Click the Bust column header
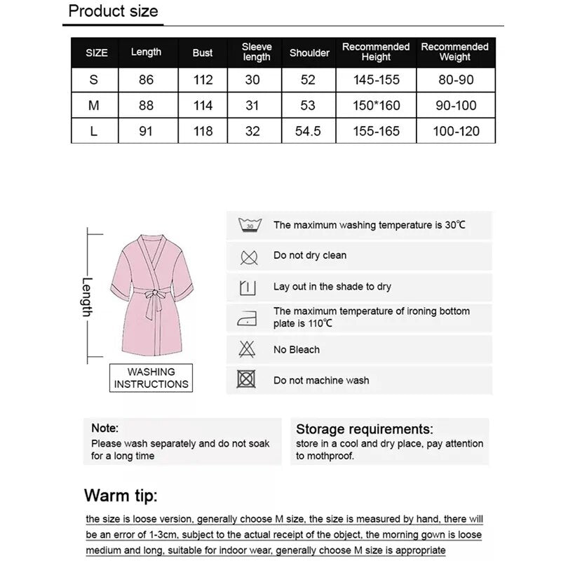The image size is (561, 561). click(203, 53)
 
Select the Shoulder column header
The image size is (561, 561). click(309, 53)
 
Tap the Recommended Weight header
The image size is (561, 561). click(454, 52)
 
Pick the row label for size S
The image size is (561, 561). click(94, 80)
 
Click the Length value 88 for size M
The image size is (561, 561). click(146, 106)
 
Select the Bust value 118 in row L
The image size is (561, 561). click(203, 131)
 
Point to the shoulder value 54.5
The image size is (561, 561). click(309, 131)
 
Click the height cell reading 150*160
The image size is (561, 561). click(376, 106)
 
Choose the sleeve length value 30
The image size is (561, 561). click(252, 80)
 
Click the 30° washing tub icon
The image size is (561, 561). click(249, 225)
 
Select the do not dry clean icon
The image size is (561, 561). click(249, 256)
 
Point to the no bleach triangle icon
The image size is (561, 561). click(248, 349)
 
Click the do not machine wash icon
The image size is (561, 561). click(246, 380)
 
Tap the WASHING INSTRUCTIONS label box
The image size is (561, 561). click(151, 378)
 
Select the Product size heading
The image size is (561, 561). click(113, 11)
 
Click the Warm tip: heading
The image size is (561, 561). click(121, 496)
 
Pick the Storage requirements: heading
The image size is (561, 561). click(365, 429)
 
